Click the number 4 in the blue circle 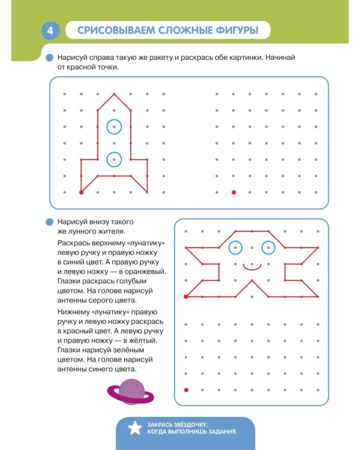point(50,31)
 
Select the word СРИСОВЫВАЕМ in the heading point(116,30)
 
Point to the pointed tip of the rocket point(114,94)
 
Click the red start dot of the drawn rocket point(81,192)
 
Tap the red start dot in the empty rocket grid point(233,192)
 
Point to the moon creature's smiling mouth point(252,269)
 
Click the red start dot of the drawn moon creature point(186,296)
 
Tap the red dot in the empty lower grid point(186,390)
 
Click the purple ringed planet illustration point(131,392)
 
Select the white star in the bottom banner point(134,428)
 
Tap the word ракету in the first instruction point(160,58)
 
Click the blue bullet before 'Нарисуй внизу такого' point(50,222)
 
